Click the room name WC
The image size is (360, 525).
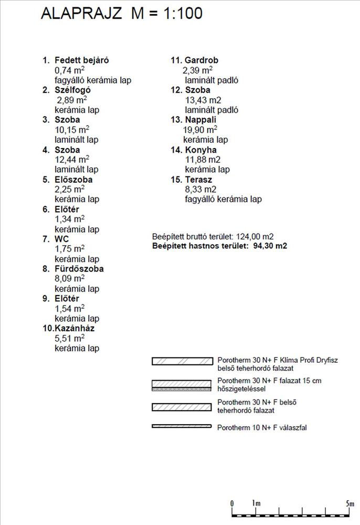[x=61, y=239]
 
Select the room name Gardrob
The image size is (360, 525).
[x=201, y=60]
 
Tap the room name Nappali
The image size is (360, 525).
[x=201, y=120]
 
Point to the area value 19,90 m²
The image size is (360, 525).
[x=200, y=130]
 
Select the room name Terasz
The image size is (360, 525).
[x=198, y=180]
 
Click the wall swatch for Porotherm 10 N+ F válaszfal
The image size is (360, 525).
[x=181, y=426]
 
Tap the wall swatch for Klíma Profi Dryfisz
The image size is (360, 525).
[x=181, y=361]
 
